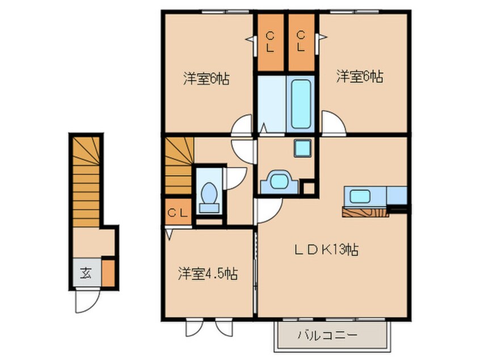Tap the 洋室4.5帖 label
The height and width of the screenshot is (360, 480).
pyautogui.click(x=205, y=274)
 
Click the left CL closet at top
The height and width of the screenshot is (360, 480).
pyautogui.click(x=270, y=42)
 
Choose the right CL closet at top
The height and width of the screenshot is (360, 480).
pyautogui.click(x=301, y=42)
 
